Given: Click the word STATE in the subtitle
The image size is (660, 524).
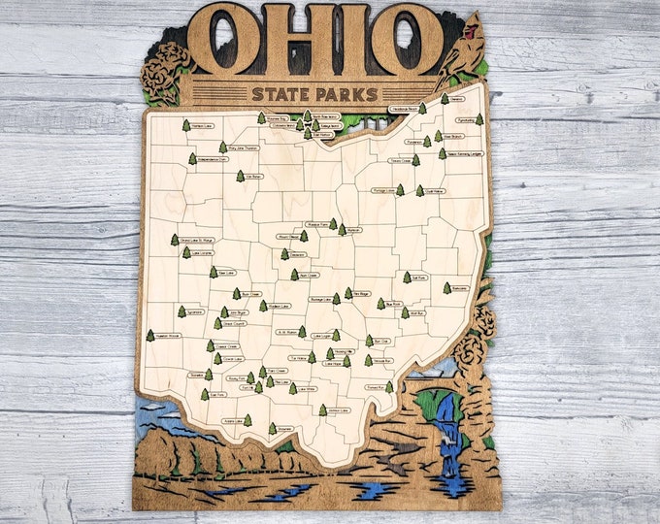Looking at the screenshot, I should point(276,94).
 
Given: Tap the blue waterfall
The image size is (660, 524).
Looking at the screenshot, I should point(445,433).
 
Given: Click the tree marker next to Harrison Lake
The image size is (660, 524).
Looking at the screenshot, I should point(186,125).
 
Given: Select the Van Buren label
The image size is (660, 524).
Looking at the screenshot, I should point(254,177).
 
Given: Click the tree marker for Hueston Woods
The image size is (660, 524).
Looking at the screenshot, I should point(150,336).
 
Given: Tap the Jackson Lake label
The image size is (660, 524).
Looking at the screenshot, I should point(339,410).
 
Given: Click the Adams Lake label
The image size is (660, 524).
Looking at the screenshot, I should point(232,422).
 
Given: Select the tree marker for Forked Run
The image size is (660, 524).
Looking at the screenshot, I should point(389,386).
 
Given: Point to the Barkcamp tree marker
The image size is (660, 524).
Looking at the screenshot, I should point(447,287).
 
